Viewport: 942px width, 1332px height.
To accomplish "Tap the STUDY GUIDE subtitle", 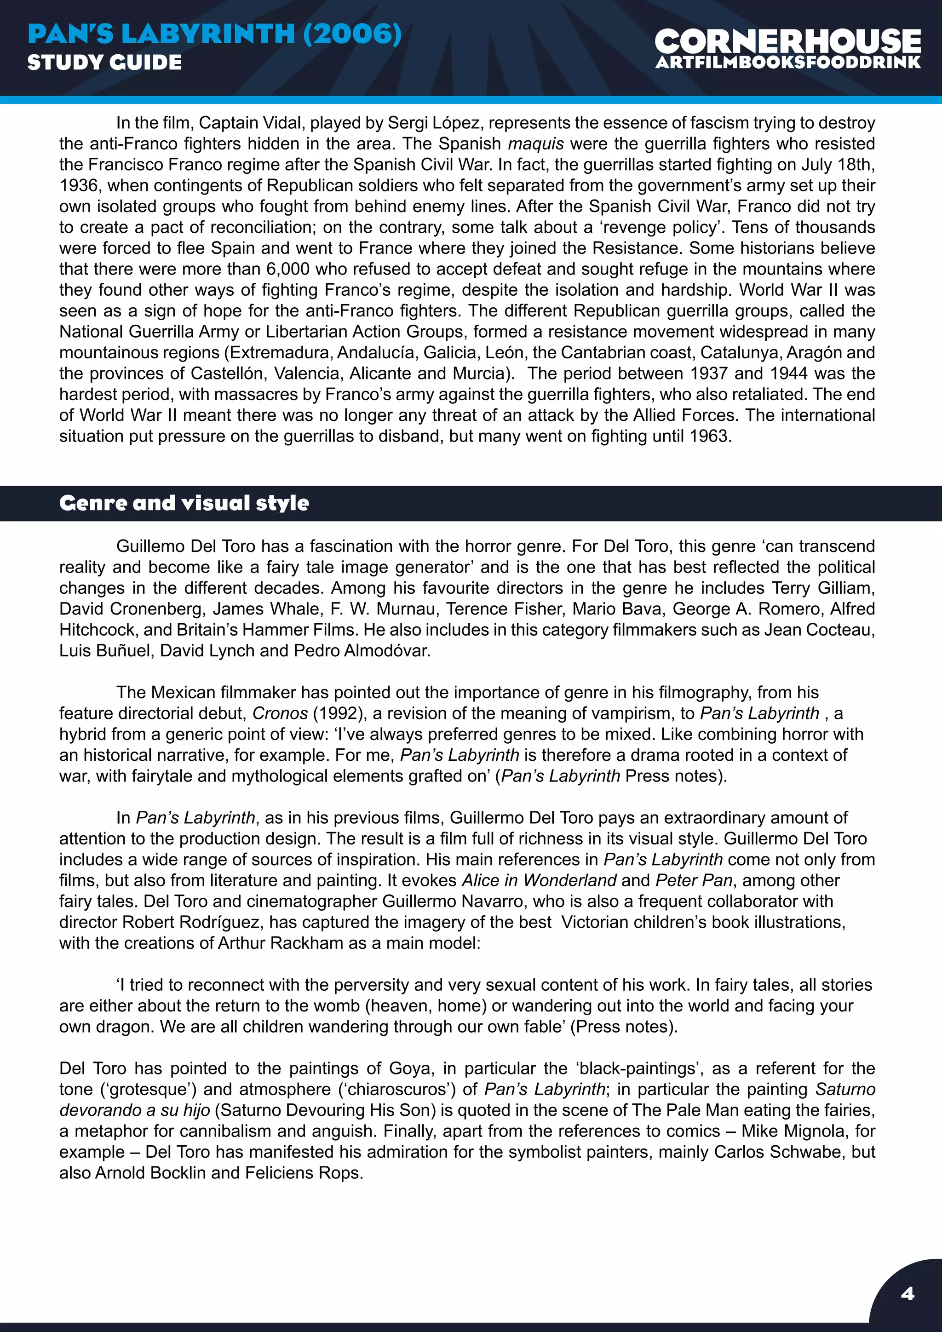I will tap(104, 62).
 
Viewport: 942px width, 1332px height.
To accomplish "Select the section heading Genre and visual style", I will tap(184, 503).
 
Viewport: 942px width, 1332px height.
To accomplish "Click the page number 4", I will tap(907, 1293).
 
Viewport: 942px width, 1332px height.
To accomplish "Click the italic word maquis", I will tap(536, 144).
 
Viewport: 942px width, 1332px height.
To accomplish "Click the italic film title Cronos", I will tap(280, 713).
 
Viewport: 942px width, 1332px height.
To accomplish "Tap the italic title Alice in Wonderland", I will tap(539, 881).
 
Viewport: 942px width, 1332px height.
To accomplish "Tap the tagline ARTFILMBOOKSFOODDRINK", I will tap(787, 63).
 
